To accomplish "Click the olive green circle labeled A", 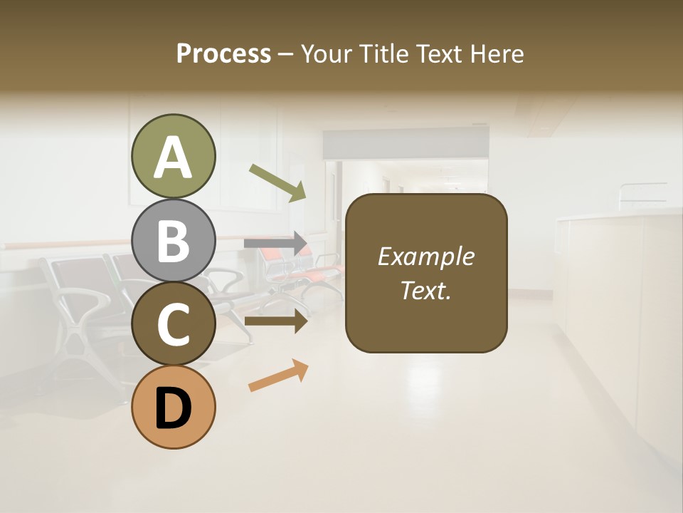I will click(174, 156).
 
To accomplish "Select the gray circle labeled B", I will click(174, 240).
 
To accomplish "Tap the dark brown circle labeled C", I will click(174, 323).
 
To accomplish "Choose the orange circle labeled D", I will click(174, 407).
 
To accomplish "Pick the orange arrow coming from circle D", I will click(278, 375).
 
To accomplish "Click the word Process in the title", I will click(223, 53).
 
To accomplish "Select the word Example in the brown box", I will click(425, 256).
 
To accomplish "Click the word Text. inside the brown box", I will click(425, 290).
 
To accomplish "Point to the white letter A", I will click(174, 157).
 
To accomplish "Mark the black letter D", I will click(174, 408).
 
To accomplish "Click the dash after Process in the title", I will click(286, 54).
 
